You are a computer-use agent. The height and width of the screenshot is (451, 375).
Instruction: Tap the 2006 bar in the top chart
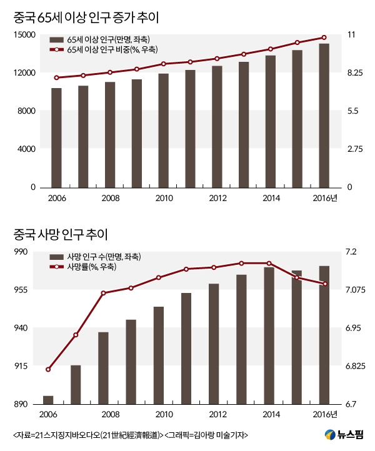(x=56, y=137)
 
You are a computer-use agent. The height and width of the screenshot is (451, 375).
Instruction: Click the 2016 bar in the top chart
(x=324, y=116)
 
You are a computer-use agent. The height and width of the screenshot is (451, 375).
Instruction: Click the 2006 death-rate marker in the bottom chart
(x=48, y=369)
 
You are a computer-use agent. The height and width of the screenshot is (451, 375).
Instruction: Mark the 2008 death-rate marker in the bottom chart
(x=103, y=292)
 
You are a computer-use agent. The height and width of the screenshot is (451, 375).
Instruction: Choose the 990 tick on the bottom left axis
(x=29, y=252)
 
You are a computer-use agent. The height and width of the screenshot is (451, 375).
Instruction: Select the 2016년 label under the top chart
(x=325, y=198)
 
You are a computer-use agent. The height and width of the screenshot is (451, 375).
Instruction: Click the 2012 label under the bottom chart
(x=217, y=415)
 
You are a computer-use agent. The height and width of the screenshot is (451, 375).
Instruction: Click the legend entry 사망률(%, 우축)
(x=92, y=267)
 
